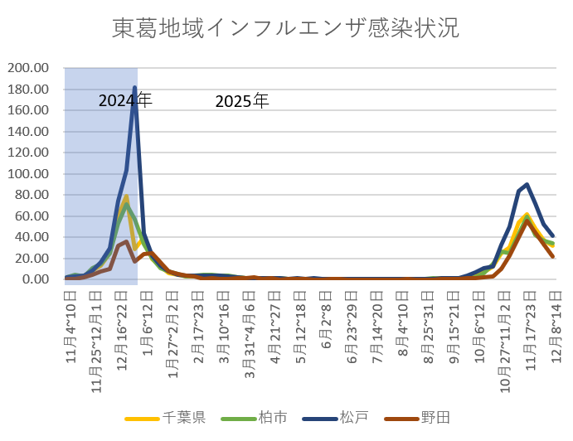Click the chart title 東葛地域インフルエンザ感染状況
point(285,28)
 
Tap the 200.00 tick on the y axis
point(29,68)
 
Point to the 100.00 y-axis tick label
point(29,174)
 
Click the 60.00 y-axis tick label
point(32,216)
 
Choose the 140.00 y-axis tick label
point(29,132)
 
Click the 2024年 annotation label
point(125,100)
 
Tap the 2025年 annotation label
point(242,102)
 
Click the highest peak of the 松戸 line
point(134,87)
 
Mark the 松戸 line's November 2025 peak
point(527,184)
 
